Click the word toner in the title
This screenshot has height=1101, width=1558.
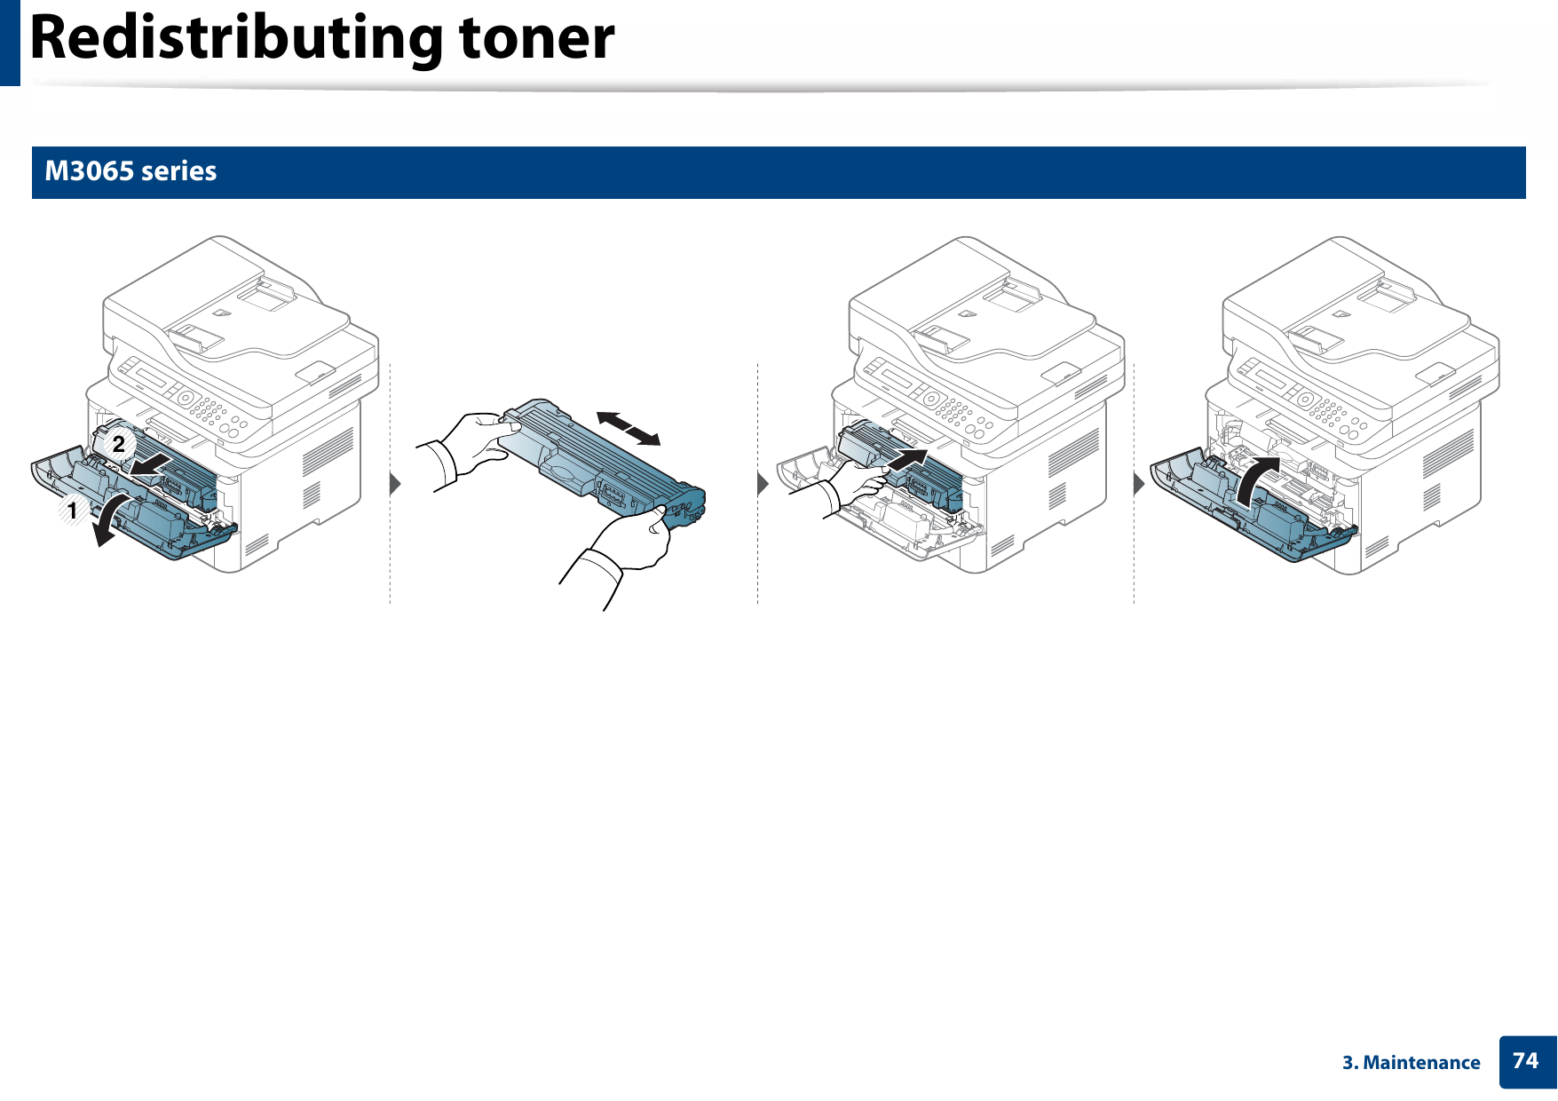click(x=536, y=39)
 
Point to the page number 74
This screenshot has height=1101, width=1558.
click(x=1525, y=1060)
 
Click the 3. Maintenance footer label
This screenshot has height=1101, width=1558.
click(x=1411, y=1062)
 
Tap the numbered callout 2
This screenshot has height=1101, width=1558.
click(x=118, y=444)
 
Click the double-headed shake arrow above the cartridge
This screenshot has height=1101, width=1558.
click(x=629, y=429)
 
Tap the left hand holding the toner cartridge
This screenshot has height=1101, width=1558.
click(x=471, y=444)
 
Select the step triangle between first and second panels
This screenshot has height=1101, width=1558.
click(x=395, y=484)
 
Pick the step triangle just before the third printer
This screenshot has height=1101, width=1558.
click(x=762, y=484)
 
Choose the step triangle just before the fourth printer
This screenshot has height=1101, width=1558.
click(x=1139, y=484)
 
